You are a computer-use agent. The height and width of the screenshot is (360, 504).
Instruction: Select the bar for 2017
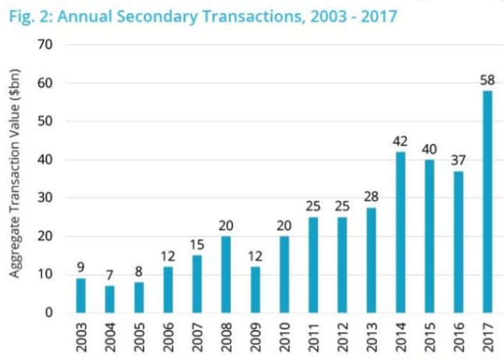[488, 202]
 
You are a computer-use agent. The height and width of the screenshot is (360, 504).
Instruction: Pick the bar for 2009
[255, 290]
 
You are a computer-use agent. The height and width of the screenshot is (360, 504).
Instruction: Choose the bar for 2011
[313, 265]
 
